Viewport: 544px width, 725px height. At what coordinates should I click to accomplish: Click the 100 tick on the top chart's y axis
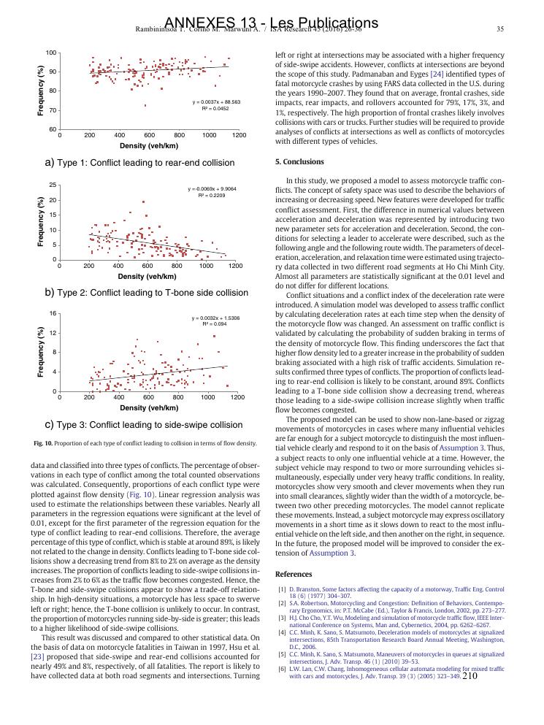tap(51, 53)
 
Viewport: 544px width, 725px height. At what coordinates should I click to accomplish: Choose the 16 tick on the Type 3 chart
tap(53, 313)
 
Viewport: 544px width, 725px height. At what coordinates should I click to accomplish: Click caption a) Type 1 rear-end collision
tap(140, 162)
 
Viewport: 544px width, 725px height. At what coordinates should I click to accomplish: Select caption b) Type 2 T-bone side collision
tap(147, 292)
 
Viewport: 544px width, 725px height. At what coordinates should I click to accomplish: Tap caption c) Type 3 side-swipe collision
tap(144, 424)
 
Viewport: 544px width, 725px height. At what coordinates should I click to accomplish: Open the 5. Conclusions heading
tap(299, 161)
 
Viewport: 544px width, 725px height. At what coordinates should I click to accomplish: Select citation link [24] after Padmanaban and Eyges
tap(437, 74)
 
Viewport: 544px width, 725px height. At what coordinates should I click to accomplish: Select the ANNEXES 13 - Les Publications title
tap(272, 23)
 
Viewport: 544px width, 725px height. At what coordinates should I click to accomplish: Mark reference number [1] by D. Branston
tap(282, 588)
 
